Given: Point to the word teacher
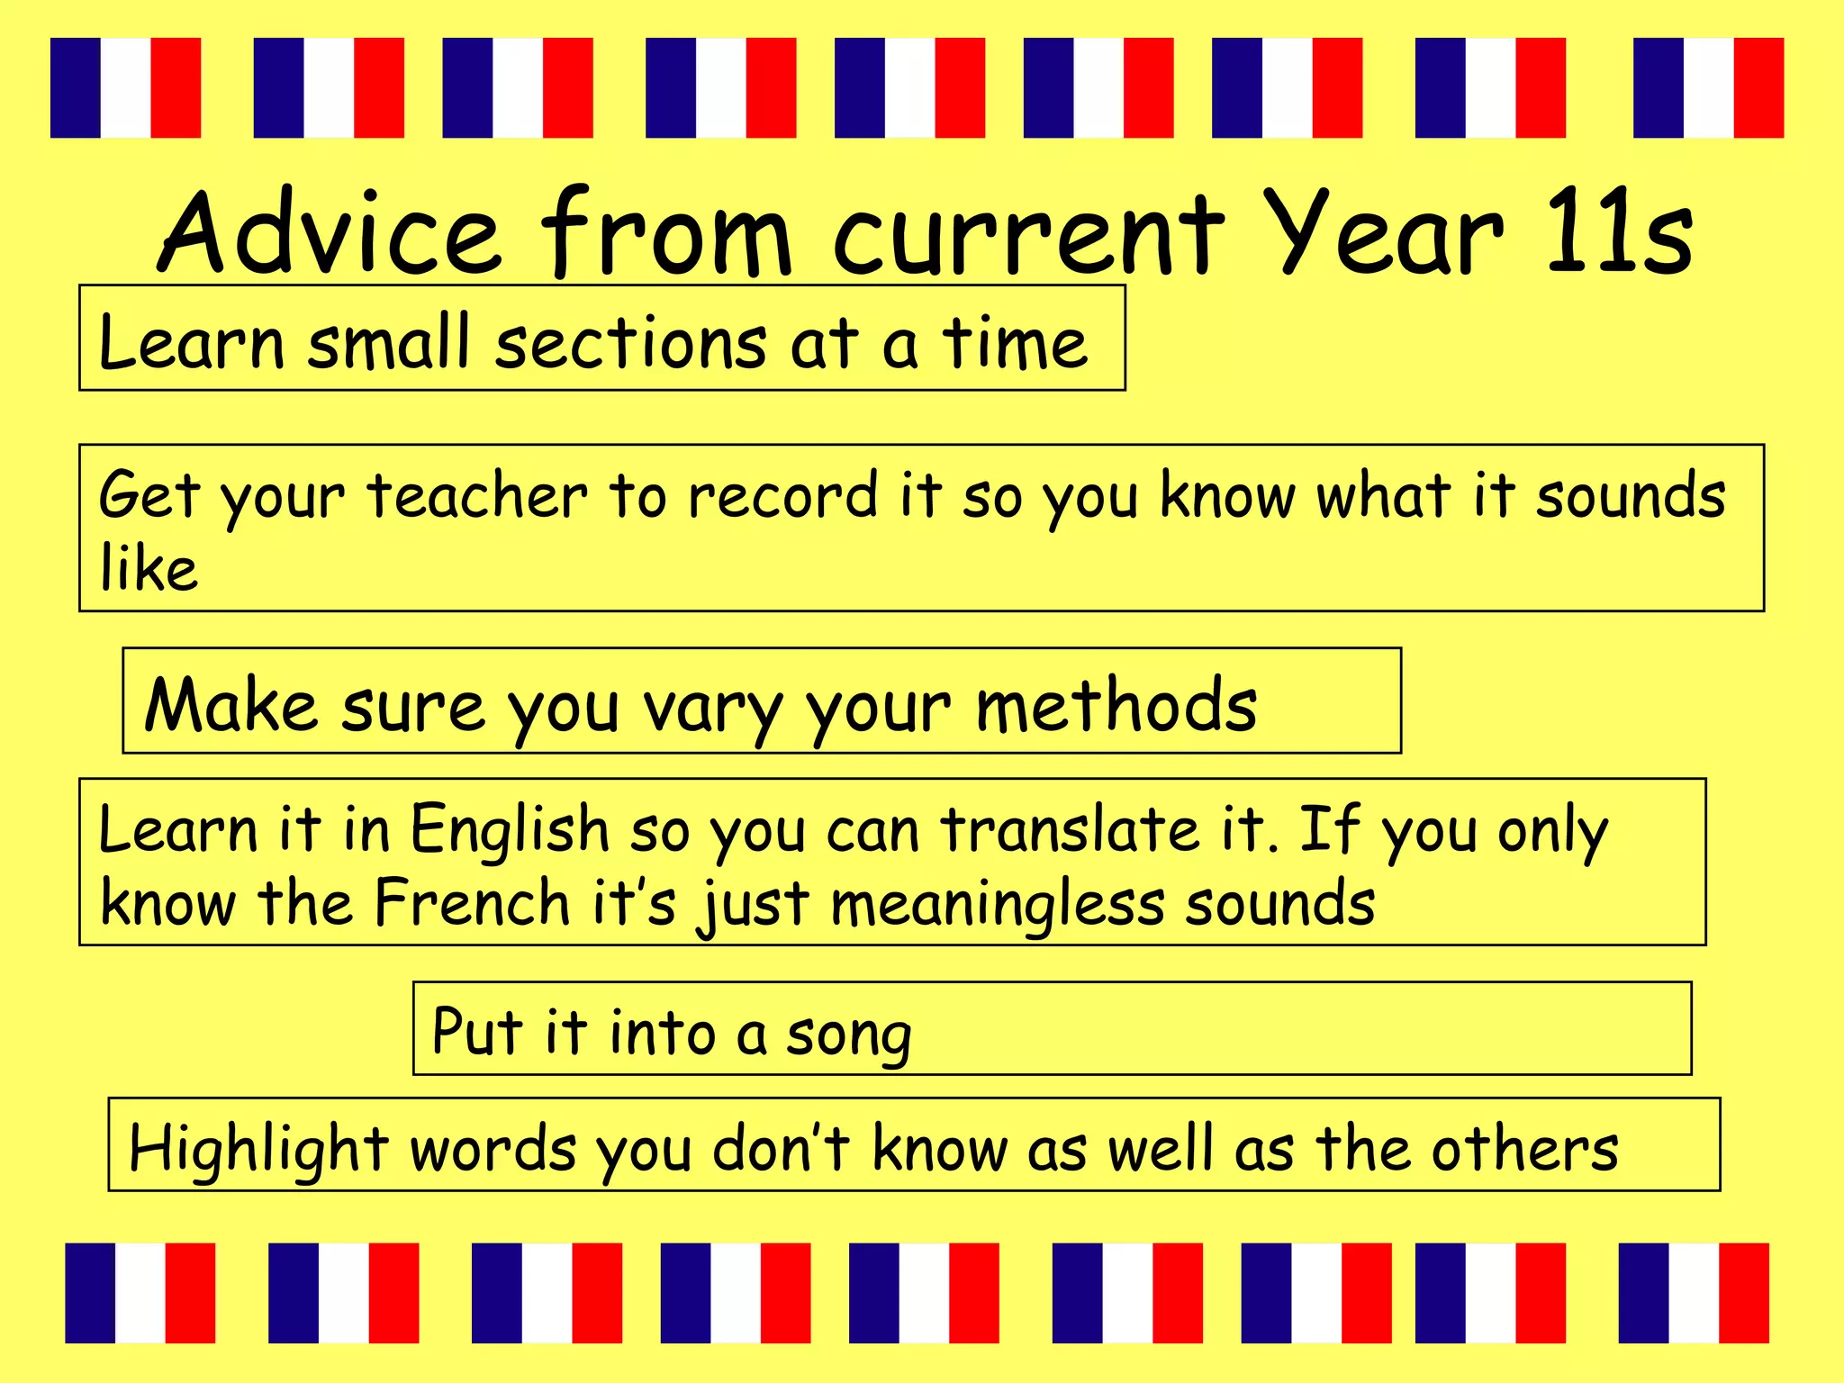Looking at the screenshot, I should (477, 496).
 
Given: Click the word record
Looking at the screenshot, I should (782, 496).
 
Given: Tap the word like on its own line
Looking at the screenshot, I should (149, 569).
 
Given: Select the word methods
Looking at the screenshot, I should (1116, 706).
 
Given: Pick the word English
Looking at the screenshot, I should (510, 830).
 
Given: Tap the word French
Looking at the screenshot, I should (472, 903).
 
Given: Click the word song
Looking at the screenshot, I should (848, 1036).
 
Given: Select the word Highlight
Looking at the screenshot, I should (258, 1150).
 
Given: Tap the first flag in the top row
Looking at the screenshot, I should (125, 87).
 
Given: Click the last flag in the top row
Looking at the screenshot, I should (1708, 87).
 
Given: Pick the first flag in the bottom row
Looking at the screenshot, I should (140, 1293).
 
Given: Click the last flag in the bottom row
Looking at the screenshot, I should (1694, 1293).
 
